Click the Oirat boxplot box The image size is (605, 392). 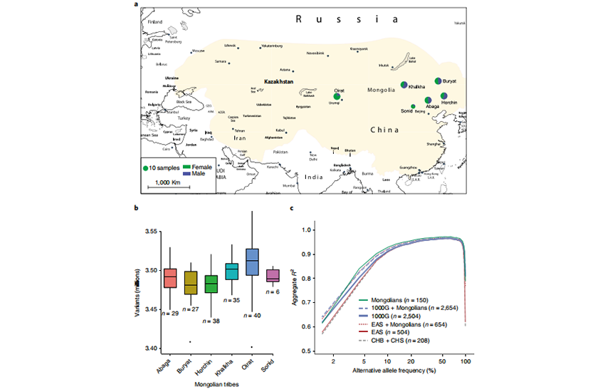point(252,262)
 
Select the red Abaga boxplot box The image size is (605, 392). point(170,277)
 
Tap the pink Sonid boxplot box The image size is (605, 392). point(273,276)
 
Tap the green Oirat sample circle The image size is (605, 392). point(337,97)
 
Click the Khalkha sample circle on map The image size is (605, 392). point(404,85)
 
